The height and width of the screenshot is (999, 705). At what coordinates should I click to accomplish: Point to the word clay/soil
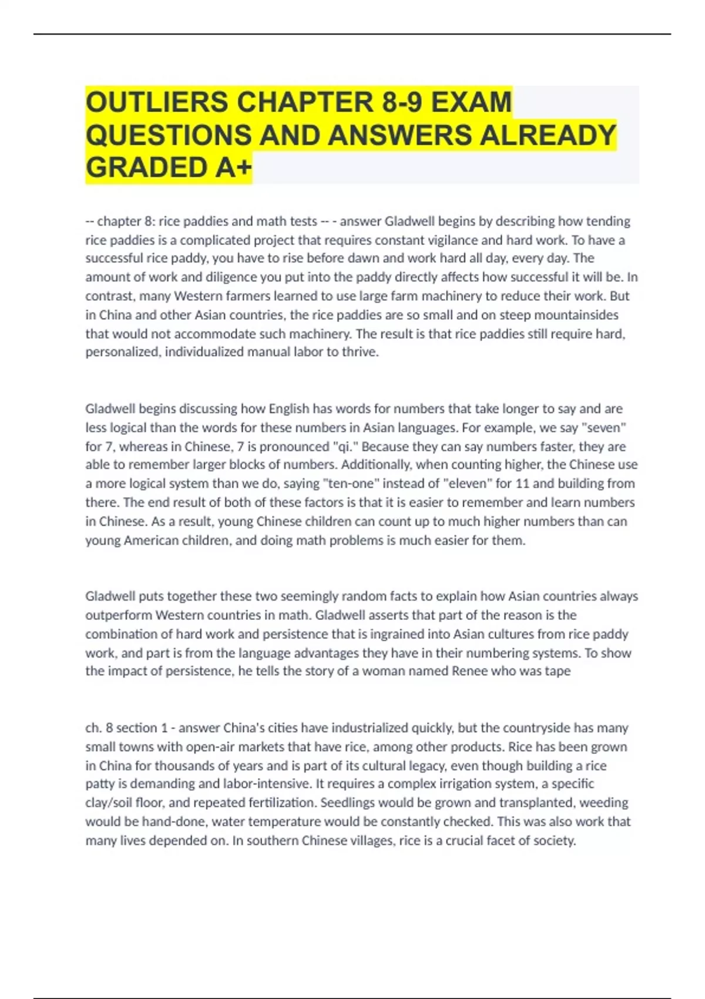(x=110, y=803)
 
